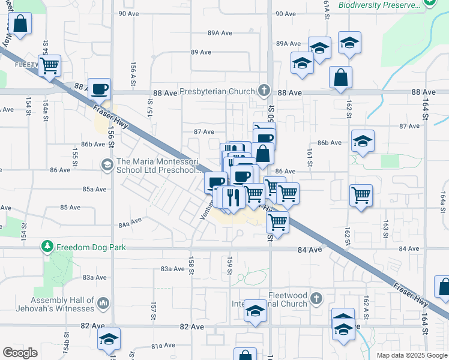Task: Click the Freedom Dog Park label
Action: click(87, 247)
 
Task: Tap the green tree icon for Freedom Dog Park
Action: click(47, 247)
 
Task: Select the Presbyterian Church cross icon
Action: click(263, 91)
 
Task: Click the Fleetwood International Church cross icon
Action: click(316, 298)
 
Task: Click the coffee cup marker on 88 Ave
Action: click(100, 89)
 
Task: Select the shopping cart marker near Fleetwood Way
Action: click(49, 65)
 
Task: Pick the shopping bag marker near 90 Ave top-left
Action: click(20, 25)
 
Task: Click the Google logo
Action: click(20, 352)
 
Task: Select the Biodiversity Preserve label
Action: click(379, 5)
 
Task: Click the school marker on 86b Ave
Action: click(363, 142)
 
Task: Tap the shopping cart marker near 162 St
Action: click(361, 194)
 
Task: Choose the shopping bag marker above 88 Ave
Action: click(340, 78)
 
